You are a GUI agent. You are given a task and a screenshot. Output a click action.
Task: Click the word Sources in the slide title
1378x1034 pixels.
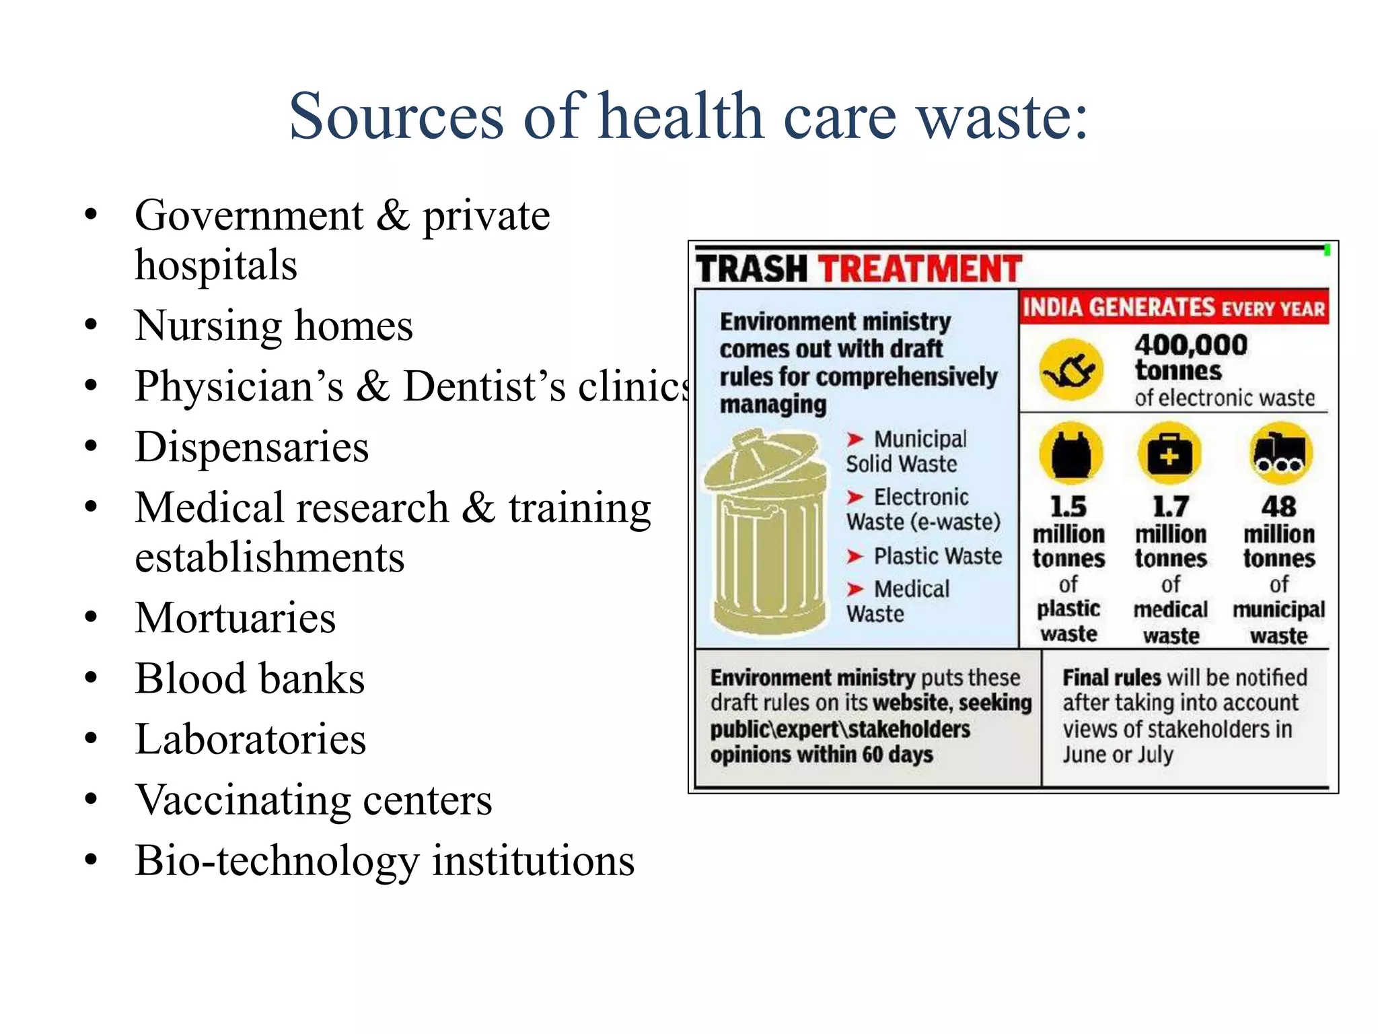point(396,116)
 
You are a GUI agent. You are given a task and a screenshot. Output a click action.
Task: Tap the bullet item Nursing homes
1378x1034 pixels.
point(273,326)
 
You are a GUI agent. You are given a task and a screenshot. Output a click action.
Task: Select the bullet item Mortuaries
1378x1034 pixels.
point(235,618)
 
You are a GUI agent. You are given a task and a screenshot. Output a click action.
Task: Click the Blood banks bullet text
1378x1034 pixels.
point(250,679)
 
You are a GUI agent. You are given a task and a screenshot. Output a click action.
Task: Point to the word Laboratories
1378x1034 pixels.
point(250,739)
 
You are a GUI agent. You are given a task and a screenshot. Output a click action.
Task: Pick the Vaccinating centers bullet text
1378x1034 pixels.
point(314,800)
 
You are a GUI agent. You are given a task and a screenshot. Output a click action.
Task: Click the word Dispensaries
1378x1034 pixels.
point(252,447)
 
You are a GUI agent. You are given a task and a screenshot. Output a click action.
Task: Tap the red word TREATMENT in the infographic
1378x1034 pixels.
point(920,269)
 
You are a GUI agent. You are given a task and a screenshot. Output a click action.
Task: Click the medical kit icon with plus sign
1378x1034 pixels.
point(1170,454)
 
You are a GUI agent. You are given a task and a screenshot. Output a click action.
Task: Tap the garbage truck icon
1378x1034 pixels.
point(1280,454)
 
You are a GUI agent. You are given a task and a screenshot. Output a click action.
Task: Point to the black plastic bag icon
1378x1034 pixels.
point(1071,454)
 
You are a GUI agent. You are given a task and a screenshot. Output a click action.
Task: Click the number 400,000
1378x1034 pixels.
point(1191,345)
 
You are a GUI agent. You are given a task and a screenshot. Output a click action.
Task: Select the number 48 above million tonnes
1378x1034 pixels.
point(1278,506)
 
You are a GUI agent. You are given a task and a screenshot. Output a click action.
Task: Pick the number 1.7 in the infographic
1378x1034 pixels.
point(1171,506)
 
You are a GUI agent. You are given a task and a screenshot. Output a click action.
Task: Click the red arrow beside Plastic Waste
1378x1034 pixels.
point(855,557)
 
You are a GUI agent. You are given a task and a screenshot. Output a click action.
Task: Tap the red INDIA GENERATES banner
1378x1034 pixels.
point(1174,308)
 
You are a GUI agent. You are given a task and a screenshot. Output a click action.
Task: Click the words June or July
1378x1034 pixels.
point(1118,755)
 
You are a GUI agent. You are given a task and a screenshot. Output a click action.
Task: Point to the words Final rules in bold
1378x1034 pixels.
point(1112,677)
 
